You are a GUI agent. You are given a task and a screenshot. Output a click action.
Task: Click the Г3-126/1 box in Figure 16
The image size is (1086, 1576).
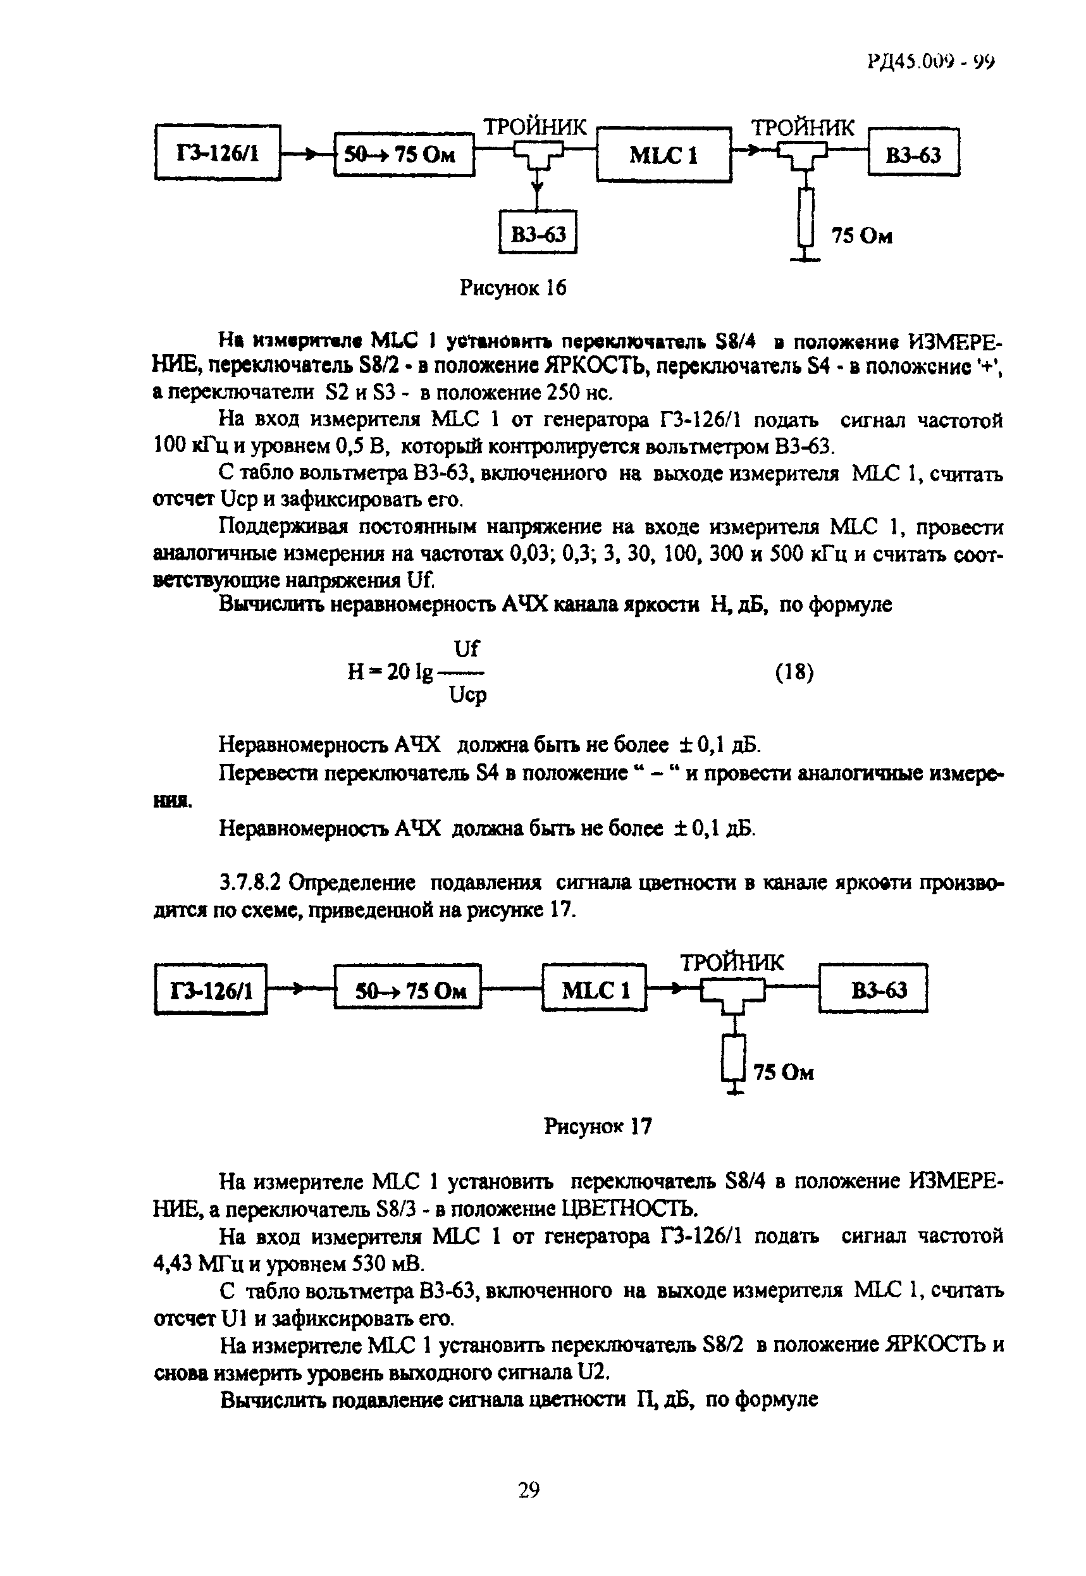click(x=218, y=153)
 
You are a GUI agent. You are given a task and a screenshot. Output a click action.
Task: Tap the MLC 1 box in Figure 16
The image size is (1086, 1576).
click(x=663, y=155)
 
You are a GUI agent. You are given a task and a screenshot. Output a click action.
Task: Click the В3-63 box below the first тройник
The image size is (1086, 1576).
click(x=538, y=233)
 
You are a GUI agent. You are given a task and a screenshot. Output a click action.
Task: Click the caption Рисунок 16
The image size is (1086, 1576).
click(x=512, y=288)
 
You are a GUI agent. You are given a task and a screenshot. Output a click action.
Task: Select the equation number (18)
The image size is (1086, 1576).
click(x=794, y=672)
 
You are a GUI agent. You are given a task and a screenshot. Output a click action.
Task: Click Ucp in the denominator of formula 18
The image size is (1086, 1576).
click(x=468, y=696)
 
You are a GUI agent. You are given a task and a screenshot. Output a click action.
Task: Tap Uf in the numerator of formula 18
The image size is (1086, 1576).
click(x=466, y=649)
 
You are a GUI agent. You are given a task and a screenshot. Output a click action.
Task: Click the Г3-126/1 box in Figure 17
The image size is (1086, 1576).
click(x=211, y=990)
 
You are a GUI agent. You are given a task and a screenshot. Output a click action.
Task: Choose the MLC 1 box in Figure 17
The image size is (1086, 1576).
click(x=595, y=990)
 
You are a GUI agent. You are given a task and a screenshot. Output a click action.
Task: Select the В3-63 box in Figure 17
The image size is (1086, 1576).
click(x=873, y=989)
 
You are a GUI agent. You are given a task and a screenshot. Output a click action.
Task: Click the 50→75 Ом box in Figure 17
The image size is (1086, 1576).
click(x=408, y=990)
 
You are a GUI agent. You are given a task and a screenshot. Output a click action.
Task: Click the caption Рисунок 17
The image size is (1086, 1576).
click(x=598, y=1126)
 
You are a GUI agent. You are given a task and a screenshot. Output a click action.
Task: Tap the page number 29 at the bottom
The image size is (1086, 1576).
click(x=529, y=1490)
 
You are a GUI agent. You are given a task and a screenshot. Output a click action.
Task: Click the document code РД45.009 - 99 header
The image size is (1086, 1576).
click(x=930, y=62)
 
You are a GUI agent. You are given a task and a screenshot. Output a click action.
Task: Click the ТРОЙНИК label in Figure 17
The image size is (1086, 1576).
click(x=732, y=962)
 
